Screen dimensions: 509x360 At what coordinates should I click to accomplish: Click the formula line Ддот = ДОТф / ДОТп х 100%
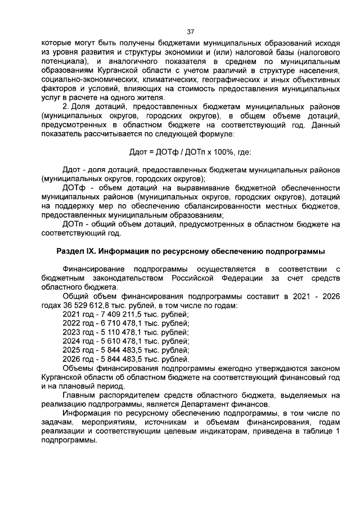pos(190,152)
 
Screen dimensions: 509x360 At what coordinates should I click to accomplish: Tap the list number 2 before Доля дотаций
pos(65,107)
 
